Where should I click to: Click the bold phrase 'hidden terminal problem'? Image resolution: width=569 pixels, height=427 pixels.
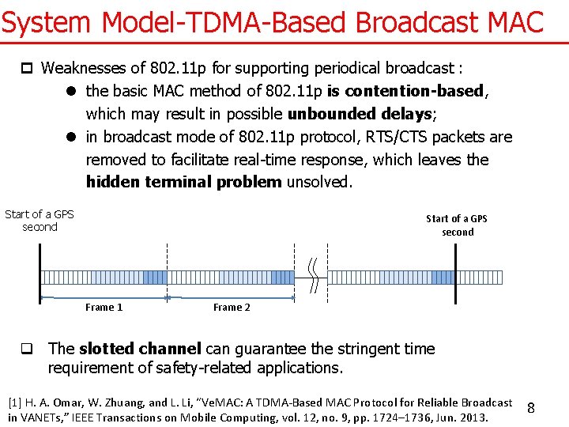click(183, 182)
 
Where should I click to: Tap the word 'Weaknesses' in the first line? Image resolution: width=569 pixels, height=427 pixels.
click(82, 68)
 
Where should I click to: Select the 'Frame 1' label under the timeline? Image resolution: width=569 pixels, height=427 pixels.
click(104, 308)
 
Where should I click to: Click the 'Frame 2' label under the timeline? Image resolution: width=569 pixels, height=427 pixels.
click(232, 308)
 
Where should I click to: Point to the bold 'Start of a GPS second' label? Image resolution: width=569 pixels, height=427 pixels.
click(457, 225)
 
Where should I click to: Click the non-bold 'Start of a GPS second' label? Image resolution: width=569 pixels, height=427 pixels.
click(40, 221)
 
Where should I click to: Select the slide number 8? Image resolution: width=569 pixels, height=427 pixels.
click(531, 408)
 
